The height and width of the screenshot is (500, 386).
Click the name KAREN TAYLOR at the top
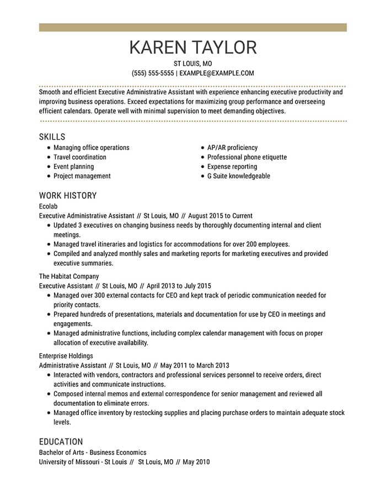[x=193, y=47]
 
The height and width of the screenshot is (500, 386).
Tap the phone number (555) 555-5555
[x=153, y=73]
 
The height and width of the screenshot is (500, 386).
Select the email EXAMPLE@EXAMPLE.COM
[x=217, y=73]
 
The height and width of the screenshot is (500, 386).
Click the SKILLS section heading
[x=52, y=136]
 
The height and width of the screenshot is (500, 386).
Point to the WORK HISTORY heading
[x=68, y=195]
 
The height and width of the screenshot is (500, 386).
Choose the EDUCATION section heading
[x=61, y=442]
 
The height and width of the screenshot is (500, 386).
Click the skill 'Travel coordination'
[x=80, y=157]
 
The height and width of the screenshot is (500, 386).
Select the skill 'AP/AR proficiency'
[x=232, y=148]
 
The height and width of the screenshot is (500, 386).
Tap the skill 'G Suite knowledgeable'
[x=239, y=176]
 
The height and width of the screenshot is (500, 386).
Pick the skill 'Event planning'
[x=73, y=167]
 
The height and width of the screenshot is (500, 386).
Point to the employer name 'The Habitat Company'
[x=69, y=276]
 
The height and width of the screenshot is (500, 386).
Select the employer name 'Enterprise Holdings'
[x=66, y=356]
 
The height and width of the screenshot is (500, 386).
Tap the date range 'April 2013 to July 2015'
[x=179, y=286]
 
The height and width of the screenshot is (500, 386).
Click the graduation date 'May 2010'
[x=196, y=461]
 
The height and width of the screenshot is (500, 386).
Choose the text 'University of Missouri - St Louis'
[x=83, y=461]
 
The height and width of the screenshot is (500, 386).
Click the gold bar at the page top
[x=193, y=27]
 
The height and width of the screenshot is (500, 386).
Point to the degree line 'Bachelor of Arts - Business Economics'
[x=93, y=452]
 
